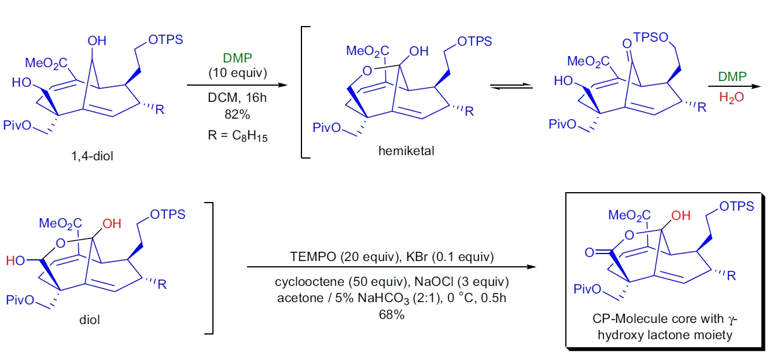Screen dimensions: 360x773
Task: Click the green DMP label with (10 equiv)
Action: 237,58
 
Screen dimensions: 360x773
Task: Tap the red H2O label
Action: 731,99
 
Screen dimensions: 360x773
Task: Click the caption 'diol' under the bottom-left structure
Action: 90,319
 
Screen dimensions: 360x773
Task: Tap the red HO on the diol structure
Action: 16,261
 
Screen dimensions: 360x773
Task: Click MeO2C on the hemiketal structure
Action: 368,51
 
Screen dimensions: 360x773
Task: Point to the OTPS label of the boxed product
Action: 737,207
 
